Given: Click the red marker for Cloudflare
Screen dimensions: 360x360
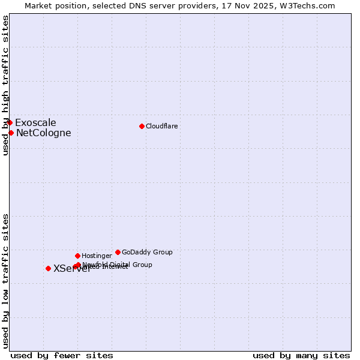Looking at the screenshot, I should coord(142,126).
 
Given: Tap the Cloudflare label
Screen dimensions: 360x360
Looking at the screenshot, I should coord(162,126).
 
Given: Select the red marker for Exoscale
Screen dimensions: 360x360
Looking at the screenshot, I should coord(10,122).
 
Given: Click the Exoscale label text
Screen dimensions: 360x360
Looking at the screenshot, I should coord(35,123).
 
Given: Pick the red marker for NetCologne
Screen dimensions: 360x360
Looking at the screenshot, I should coord(11,133).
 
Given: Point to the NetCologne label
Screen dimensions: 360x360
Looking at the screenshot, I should coord(43,133).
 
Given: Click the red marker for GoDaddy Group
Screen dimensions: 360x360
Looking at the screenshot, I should coord(118,252).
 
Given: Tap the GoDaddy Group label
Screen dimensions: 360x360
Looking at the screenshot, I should coord(147,252).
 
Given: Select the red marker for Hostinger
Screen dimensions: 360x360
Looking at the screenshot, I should coord(77,256).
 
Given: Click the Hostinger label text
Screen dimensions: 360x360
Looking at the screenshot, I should coord(97,256).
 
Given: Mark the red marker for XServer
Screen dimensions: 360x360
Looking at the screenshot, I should coord(48,268).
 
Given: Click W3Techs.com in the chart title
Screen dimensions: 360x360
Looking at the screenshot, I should coord(308,5).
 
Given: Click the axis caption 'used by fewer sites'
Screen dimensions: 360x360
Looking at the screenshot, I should coord(62,355).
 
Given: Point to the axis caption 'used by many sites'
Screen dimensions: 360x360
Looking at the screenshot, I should coord(301,355).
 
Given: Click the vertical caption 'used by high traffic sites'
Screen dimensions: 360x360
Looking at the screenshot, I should coord(5,86).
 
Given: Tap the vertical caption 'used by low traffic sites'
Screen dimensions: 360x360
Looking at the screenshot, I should coord(5,280).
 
